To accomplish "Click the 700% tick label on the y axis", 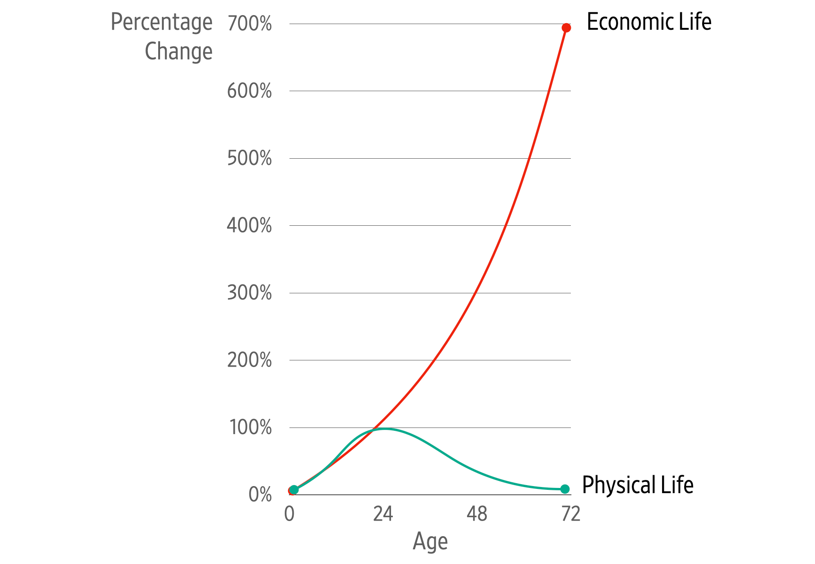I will [x=249, y=24].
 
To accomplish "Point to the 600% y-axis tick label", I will [x=249, y=91].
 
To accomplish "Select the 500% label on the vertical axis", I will [x=249, y=159].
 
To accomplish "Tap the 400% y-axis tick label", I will [x=249, y=226].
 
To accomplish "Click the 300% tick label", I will [x=249, y=293].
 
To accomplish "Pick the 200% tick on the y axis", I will [x=249, y=360].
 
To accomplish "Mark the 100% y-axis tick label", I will [x=250, y=428].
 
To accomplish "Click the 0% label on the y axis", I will [x=260, y=495].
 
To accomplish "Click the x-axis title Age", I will [x=430, y=541].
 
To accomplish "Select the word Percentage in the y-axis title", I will [x=161, y=23].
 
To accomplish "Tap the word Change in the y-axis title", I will [x=178, y=51].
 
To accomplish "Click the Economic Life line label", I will [x=649, y=22].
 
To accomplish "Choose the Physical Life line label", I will [x=637, y=485].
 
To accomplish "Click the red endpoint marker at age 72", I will [x=566, y=28].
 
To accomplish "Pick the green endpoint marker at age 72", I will [x=565, y=489].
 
